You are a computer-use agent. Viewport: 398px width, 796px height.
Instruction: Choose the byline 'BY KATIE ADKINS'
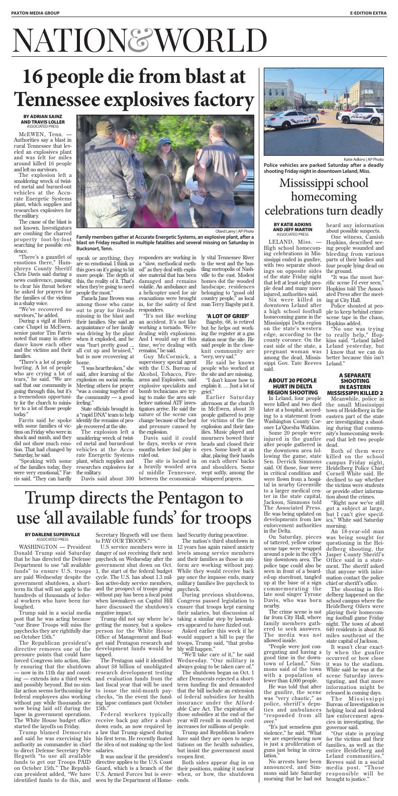(x=292, y=225)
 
